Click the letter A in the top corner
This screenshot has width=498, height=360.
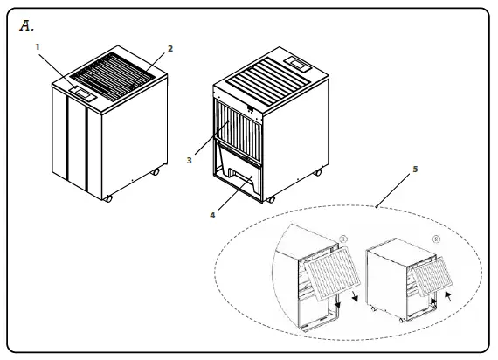25,26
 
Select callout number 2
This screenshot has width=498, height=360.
170,49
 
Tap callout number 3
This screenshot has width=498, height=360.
188,161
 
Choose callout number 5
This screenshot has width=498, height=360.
414,168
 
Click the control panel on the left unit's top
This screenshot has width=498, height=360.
80,88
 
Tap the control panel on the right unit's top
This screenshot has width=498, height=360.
299,64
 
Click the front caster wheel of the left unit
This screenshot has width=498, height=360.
108,198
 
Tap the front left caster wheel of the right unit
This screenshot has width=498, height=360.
270,200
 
